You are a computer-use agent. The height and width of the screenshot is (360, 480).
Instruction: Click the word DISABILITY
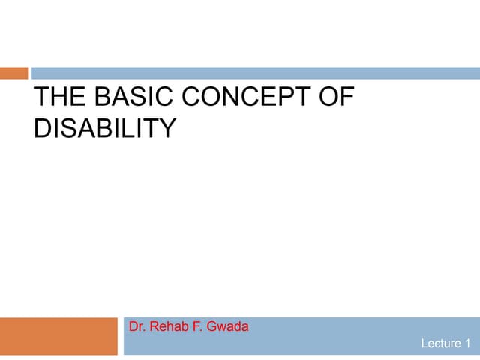(104, 128)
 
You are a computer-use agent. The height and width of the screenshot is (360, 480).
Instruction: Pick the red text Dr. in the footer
(137, 327)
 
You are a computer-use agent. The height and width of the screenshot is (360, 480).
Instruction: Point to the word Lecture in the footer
(441, 343)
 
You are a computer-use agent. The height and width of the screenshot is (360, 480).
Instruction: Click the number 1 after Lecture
(469, 343)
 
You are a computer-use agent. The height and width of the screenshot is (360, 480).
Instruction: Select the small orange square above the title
(13, 73)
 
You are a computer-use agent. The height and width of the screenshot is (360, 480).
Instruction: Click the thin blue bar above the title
(255, 73)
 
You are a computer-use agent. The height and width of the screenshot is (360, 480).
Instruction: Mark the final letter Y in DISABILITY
(166, 128)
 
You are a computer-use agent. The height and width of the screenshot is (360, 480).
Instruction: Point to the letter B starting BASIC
(103, 99)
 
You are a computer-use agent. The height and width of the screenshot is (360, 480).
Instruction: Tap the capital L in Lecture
(424, 343)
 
